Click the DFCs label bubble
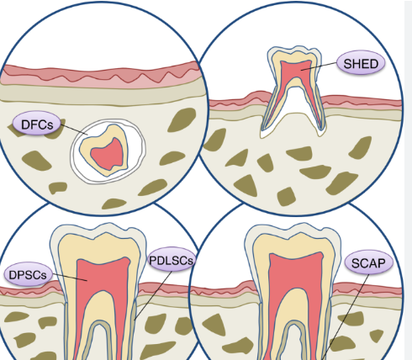pyautogui.click(x=37, y=124)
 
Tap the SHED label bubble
pyautogui.click(x=361, y=63)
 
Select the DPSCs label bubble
pyautogui.click(x=28, y=274)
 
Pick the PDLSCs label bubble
pyautogui.click(x=172, y=260)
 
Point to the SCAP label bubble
pyautogui.click(x=368, y=262)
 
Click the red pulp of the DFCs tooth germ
pyautogui.click(x=108, y=154)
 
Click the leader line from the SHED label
pyautogui.click(x=319, y=66)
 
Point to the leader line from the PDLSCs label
pyautogui.click(x=153, y=295)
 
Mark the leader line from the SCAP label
pyautogui.click(x=346, y=316)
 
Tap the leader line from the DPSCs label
pyautogui.click(x=69, y=277)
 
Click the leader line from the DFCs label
pyautogui.click(x=74, y=130)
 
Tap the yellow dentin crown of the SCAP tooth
pyautogui.click(x=294, y=244)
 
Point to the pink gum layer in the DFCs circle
pyautogui.click(x=101, y=77)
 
